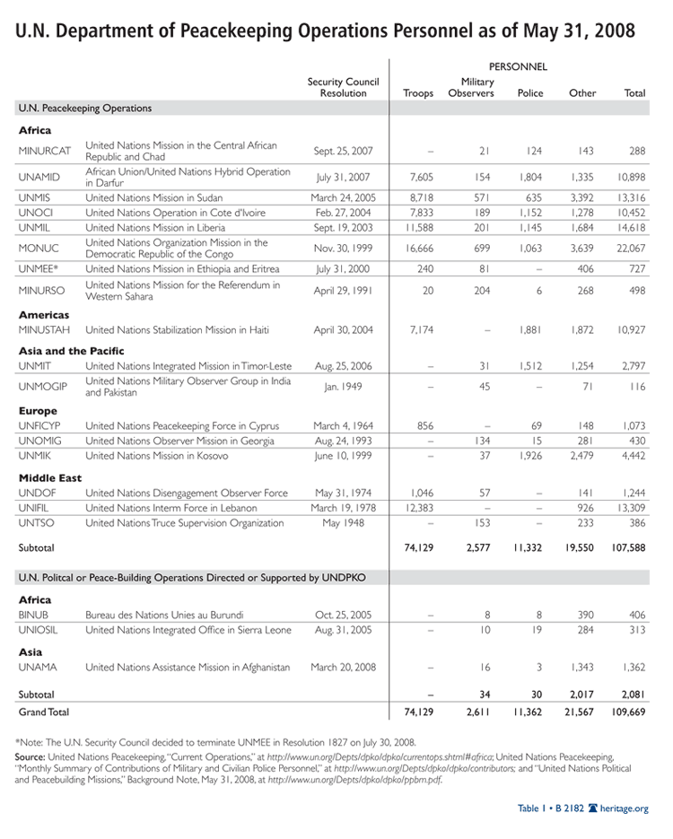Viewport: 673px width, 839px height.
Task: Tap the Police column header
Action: click(x=530, y=93)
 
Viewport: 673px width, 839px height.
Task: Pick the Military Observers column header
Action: click(x=471, y=88)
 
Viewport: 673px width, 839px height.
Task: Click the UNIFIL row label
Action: click(x=34, y=508)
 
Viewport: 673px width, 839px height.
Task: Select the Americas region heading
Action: click(x=44, y=315)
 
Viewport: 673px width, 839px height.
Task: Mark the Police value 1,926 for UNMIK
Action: click(x=530, y=456)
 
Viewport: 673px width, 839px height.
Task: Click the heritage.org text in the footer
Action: click(x=627, y=808)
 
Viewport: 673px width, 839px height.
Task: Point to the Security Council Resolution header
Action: click(x=343, y=88)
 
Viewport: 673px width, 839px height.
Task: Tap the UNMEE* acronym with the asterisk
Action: click(x=39, y=269)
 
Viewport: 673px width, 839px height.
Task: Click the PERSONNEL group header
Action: click(x=518, y=66)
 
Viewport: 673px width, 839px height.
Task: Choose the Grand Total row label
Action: click(x=43, y=712)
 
